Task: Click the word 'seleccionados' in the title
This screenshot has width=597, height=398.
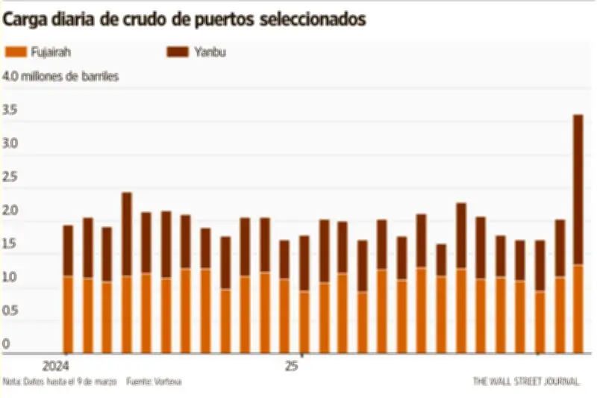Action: [313, 20]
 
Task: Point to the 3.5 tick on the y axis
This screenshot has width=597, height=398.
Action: [10, 111]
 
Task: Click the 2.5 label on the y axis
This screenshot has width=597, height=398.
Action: [10, 176]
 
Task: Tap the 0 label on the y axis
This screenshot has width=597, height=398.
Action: [6, 344]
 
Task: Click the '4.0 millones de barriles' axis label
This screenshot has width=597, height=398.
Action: [60, 77]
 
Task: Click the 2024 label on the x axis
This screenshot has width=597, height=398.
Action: [56, 367]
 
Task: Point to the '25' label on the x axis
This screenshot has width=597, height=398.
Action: [291, 367]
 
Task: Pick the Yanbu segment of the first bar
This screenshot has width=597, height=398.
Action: [68, 251]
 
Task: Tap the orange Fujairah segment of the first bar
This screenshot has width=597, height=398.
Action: [68, 314]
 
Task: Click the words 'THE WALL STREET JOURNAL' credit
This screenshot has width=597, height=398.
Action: [526, 381]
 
